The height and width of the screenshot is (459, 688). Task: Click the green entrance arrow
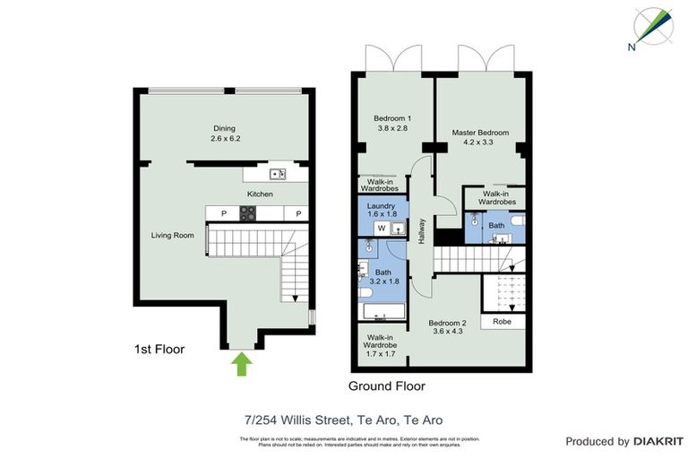click(x=240, y=364)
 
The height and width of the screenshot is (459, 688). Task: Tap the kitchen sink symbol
click(x=277, y=174)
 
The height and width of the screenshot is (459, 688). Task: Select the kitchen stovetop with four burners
click(x=248, y=213)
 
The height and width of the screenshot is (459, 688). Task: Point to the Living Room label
click(x=172, y=236)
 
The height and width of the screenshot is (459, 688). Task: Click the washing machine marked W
click(x=381, y=229)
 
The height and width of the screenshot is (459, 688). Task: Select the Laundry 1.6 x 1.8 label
click(x=383, y=211)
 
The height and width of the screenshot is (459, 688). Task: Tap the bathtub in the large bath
click(x=382, y=313)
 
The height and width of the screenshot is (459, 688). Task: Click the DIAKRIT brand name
click(x=658, y=441)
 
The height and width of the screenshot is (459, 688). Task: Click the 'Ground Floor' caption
click(x=386, y=386)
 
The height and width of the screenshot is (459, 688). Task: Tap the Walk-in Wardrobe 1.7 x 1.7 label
click(x=380, y=345)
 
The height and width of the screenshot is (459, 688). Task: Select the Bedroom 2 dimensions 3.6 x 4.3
click(x=447, y=332)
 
